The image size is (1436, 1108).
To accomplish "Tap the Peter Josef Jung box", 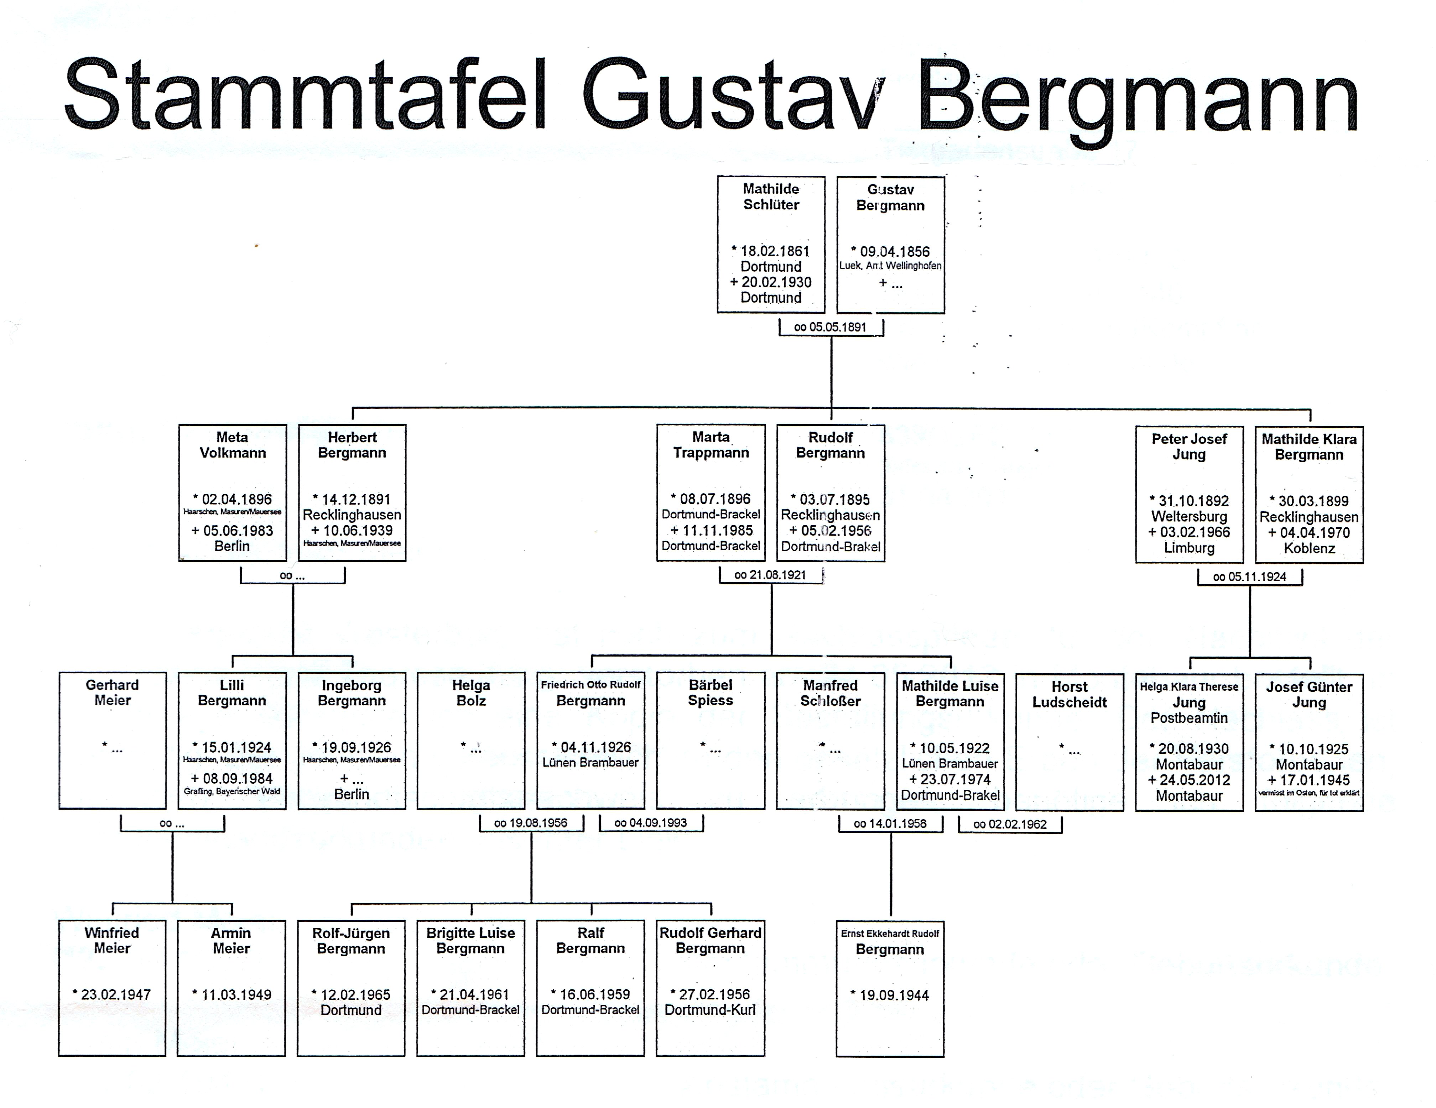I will point(1189,494).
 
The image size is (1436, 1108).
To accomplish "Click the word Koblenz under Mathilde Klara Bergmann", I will point(1309,548).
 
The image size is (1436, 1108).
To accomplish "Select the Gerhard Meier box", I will point(113,740).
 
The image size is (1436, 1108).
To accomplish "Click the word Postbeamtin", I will point(1189,718).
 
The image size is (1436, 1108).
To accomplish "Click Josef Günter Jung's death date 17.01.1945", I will point(1314,780).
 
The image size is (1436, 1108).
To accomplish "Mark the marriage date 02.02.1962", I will point(1010,824).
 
